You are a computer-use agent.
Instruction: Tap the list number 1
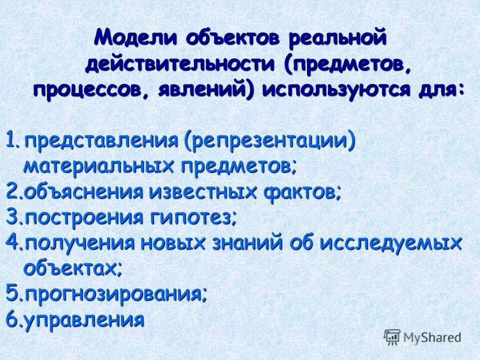12,140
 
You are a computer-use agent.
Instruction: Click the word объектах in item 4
72,268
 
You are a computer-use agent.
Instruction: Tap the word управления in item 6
84,319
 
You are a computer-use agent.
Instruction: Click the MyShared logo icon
391,336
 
